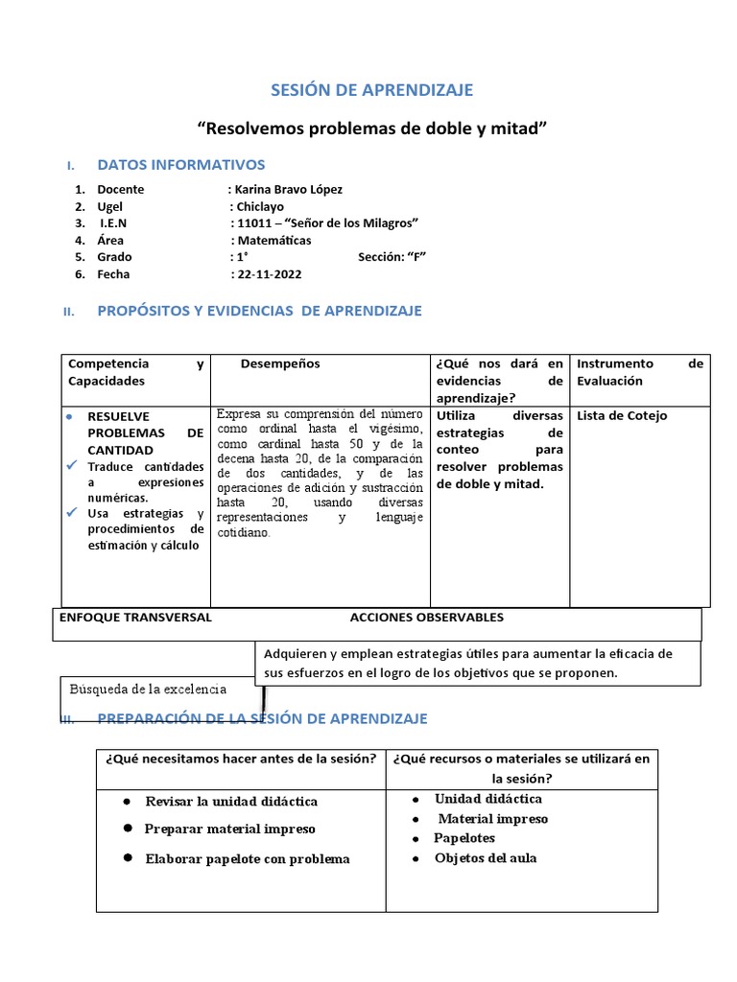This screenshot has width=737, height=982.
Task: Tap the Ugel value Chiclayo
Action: click(x=259, y=206)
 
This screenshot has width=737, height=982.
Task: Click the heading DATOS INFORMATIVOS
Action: click(x=181, y=165)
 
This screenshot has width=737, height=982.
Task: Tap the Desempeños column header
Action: click(x=280, y=364)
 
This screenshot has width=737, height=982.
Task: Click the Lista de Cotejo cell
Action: click(x=622, y=416)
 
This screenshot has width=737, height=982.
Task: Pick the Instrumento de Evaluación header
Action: click(x=639, y=372)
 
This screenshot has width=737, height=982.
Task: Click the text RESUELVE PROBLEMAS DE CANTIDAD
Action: click(x=145, y=433)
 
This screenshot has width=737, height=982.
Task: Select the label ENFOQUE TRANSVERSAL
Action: click(x=135, y=618)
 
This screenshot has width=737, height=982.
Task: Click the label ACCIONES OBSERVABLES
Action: click(x=426, y=618)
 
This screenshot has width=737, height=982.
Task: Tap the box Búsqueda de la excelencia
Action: click(x=148, y=689)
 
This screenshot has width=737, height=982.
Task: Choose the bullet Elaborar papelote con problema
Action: click(x=247, y=858)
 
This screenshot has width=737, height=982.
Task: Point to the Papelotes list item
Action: click(x=464, y=838)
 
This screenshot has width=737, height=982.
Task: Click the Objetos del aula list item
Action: click(x=485, y=857)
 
